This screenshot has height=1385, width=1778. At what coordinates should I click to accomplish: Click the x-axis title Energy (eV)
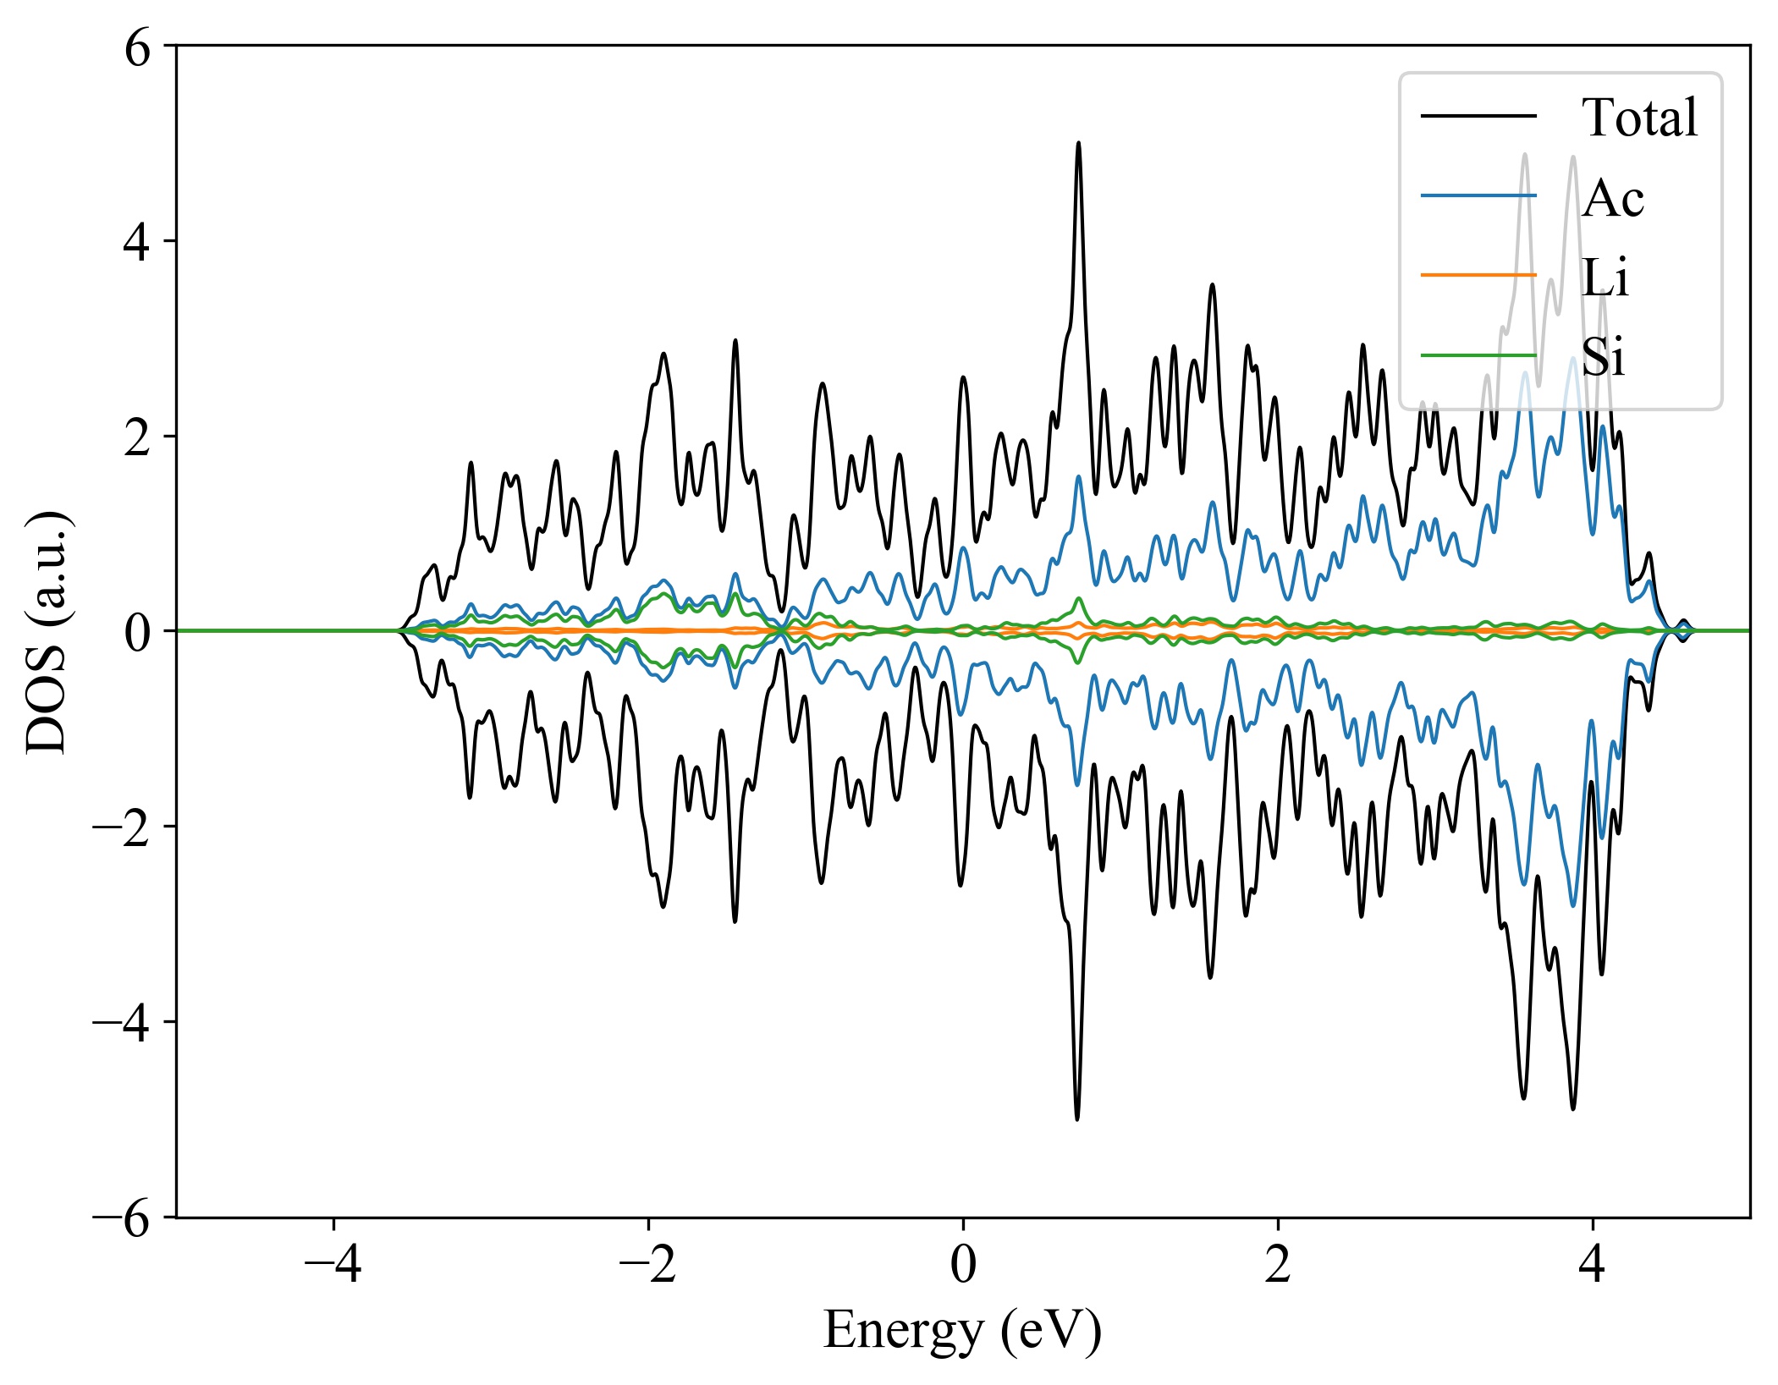click(x=962, y=1330)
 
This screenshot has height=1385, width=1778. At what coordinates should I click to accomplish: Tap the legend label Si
click(x=1603, y=356)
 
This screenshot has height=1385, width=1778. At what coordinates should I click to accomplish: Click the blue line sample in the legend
click(x=1478, y=196)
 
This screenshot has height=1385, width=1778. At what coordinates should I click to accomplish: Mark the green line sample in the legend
click(x=1478, y=355)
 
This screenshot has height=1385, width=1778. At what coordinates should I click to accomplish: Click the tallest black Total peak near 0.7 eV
click(x=1078, y=144)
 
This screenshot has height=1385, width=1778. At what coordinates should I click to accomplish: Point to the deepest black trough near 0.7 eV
click(x=1077, y=1118)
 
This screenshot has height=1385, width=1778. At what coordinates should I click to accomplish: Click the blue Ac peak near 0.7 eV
click(x=1078, y=477)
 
